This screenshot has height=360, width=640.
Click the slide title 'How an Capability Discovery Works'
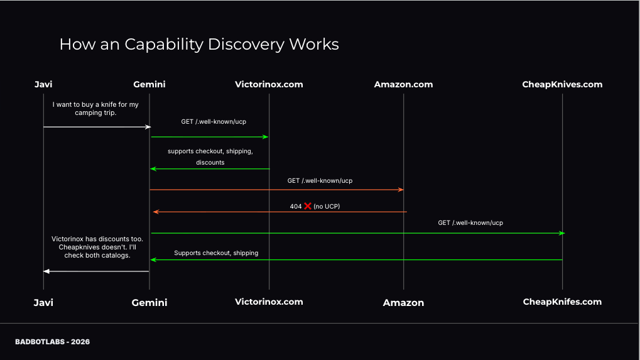(x=198, y=45)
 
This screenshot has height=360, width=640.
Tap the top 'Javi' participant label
(x=43, y=84)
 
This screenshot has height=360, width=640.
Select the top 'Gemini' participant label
(x=149, y=84)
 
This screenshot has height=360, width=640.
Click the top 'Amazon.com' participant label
(x=403, y=84)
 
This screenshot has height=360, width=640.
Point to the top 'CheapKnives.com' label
(x=562, y=84)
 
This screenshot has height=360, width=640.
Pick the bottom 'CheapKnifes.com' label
(x=562, y=302)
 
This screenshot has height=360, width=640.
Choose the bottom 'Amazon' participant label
(x=403, y=303)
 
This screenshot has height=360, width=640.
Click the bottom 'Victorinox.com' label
(x=269, y=302)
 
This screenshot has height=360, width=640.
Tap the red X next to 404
(x=308, y=206)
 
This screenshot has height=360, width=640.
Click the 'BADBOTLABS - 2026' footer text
(x=53, y=342)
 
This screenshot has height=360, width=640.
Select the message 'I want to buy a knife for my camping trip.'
(x=95, y=109)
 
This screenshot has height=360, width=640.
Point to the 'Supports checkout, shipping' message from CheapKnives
(x=216, y=253)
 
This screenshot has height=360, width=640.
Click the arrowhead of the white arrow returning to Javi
(x=46, y=271)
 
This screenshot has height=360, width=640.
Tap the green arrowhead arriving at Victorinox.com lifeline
(x=266, y=136)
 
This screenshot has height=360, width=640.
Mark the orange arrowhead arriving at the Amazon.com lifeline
(x=401, y=190)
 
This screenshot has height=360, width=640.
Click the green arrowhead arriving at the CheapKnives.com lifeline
(x=561, y=233)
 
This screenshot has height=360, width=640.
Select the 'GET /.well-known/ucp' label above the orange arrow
(x=320, y=181)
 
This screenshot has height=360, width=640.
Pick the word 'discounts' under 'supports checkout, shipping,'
(x=210, y=162)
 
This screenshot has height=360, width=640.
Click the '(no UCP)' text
(x=327, y=206)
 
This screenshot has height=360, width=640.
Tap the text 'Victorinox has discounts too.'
(x=97, y=239)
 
